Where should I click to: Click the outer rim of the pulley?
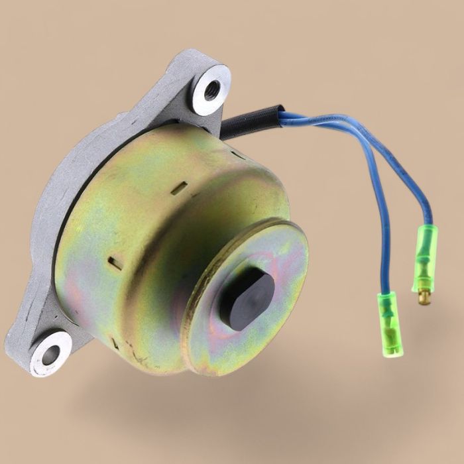pyautogui.click(x=199, y=312)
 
